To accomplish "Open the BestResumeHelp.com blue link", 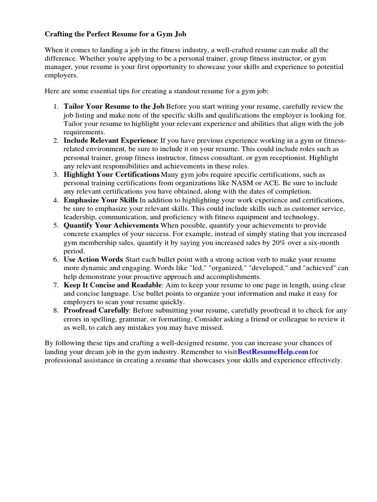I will coord(273,351).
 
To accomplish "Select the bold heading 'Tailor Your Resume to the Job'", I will coord(114,106).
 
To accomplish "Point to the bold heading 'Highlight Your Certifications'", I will coord(111,175).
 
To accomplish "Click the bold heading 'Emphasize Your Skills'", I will coord(101,200).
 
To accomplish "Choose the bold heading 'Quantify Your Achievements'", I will coord(111,225).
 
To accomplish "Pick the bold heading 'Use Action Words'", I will coord(94,259).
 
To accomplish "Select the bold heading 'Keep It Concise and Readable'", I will coord(112,285).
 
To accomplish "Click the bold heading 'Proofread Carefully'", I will coord(96,310).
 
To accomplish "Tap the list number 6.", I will coord(55,259).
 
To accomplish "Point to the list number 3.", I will coord(55,175).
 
